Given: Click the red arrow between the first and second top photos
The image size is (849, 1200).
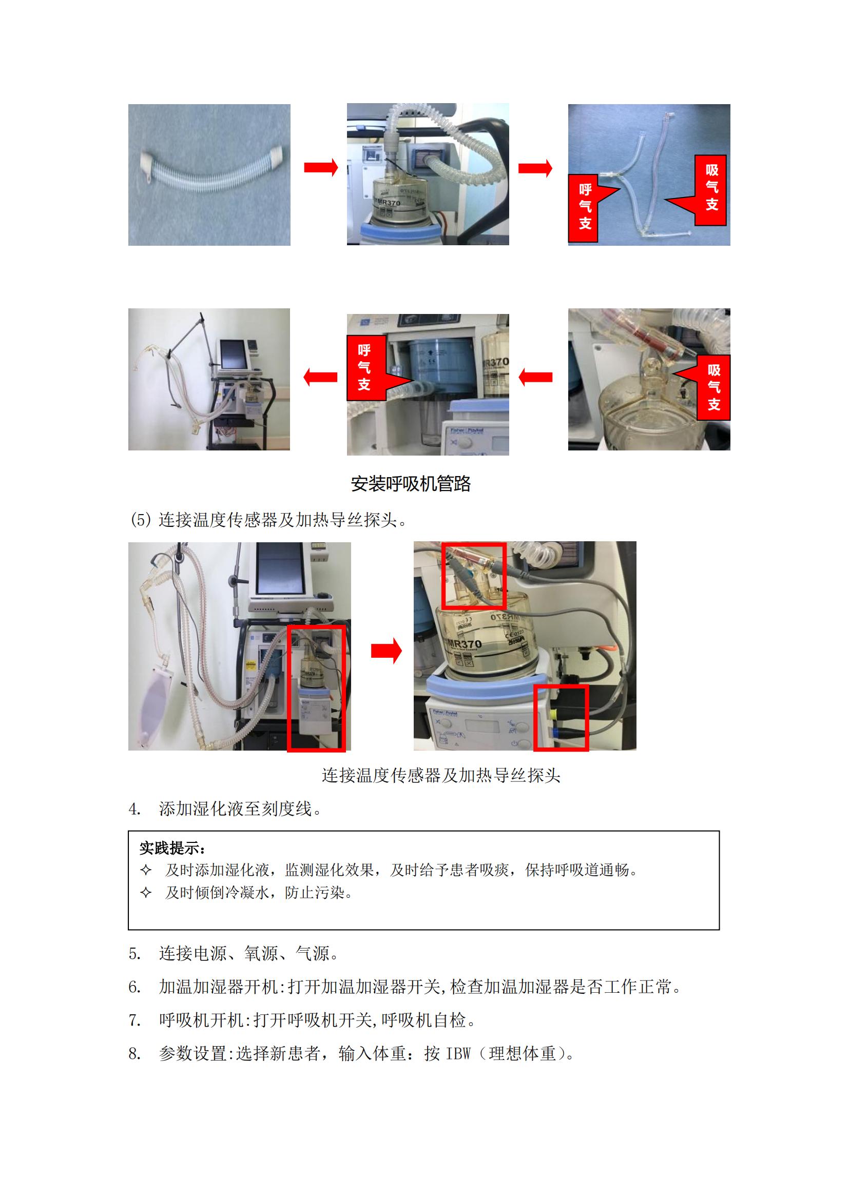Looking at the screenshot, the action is (321, 167).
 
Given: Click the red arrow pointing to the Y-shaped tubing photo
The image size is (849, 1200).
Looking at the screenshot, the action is (535, 168).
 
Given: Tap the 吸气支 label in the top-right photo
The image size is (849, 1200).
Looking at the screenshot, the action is (711, 190).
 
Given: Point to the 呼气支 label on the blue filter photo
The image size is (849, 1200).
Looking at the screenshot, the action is (366, 368).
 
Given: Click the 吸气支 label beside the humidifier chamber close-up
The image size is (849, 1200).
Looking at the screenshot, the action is (713, 387).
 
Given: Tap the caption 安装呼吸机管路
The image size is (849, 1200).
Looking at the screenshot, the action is (411, 483).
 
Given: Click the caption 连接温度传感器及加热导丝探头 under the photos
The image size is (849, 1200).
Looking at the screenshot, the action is (441, 775).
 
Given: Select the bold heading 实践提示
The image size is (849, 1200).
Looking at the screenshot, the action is (172, 848).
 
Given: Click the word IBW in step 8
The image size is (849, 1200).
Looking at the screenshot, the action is (458, 1053).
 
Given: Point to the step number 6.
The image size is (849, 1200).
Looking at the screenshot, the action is (134, 987).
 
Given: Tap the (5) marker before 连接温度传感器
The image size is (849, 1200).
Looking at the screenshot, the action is (141, 520).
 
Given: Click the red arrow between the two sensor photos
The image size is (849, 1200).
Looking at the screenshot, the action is (387, 651).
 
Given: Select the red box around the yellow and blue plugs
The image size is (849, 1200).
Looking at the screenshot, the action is (561, 718).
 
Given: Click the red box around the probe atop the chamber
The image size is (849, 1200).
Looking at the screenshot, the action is (474, 576).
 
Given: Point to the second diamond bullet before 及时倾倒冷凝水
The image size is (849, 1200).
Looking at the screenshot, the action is (146, 892).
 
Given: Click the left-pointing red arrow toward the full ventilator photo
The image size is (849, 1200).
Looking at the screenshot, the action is (320, 377).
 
